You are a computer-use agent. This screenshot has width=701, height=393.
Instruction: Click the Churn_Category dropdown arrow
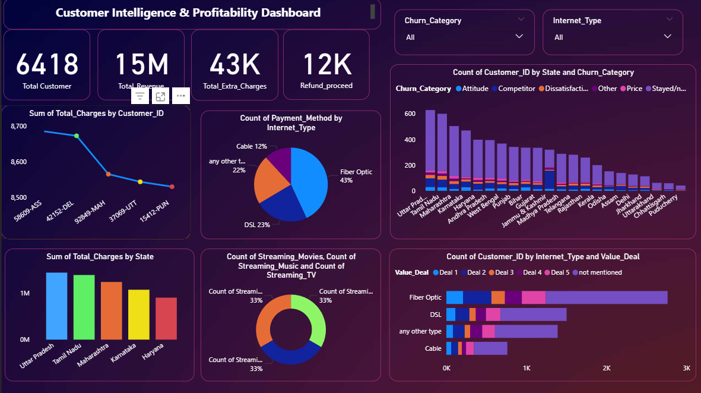[x=519, y=37]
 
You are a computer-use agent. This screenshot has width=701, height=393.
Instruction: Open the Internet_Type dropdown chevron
[x=668, y=37]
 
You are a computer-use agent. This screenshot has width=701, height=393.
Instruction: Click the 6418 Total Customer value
[x=47, y=64]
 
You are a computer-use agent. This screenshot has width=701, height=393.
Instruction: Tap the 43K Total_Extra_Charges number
[x=234, y=64]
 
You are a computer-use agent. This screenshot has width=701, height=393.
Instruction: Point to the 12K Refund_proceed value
[x=327, y=64]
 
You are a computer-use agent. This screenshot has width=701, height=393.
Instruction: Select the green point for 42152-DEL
[x=77, y=136]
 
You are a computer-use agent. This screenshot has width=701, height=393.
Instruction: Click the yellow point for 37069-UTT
[x=140, y=182]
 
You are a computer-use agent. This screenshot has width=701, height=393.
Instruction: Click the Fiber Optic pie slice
[x=309, y=178]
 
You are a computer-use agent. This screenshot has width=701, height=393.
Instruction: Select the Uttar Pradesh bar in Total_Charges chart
[x=56, y=306]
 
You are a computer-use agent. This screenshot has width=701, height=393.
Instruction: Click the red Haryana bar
[x=166, y=319]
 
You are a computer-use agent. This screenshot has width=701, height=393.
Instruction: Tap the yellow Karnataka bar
[x=139, y=315]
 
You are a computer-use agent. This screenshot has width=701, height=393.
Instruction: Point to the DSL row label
[x=435, y=315]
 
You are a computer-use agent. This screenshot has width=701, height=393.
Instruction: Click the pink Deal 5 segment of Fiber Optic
[x=533, y=298]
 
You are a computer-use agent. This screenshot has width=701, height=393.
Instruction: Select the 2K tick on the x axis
[x=606, y=369]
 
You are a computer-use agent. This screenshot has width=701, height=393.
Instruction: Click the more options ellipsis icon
[x=180, y=96]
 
